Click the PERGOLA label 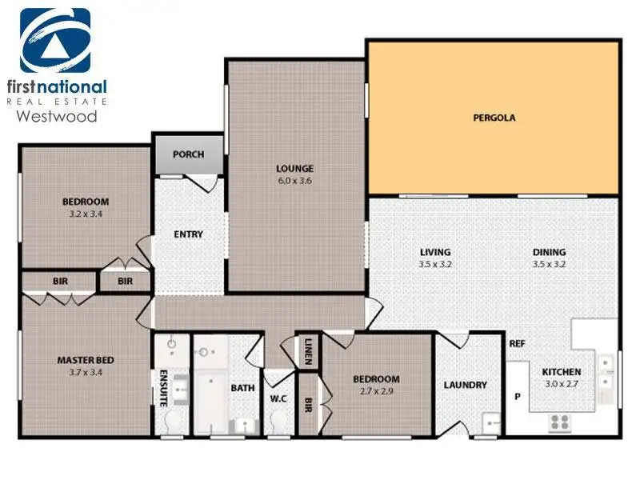[494, 118]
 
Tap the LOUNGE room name [294, 169]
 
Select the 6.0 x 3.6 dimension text [294, 181]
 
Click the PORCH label [188, 154]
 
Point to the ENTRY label [188, 234]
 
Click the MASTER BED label [86, 360]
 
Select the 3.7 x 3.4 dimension [86, 372]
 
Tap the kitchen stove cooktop [559, 422]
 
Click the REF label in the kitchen [517, 344]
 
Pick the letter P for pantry [518, 396]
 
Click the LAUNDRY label [466, 385]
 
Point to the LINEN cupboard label [308, 351]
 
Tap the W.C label [278, 398]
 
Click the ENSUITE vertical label [163, 388]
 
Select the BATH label [242, 388]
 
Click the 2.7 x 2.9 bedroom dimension [376, 391]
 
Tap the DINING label [549, 252]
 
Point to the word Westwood [57, 116]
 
